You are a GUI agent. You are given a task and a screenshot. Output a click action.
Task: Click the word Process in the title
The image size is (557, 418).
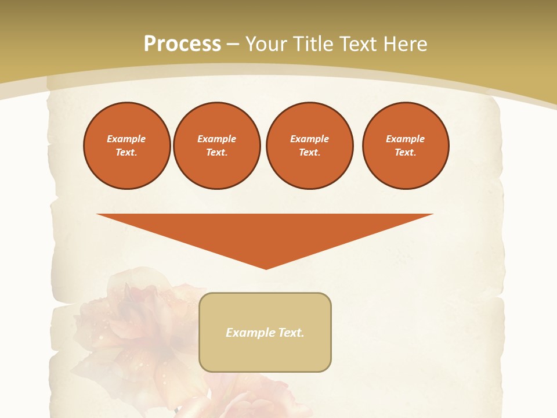click(x=182, y=44)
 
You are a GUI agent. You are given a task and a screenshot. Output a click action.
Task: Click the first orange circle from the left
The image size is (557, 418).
click(x=127, y=146)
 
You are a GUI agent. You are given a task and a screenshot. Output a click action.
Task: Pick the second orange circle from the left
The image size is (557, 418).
click(x=217, y=146)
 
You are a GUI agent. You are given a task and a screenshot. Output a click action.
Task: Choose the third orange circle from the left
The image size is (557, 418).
click(x=310, y=146)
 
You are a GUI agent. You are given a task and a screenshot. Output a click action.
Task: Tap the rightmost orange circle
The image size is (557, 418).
click(x=406, y=146)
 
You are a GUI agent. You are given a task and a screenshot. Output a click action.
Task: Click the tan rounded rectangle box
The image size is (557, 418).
click(x=265, y=354)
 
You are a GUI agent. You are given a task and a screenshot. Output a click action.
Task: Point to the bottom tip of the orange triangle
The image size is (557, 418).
click(x=266, y=268)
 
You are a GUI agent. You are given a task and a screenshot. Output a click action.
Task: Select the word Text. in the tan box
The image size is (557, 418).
click(x=290, y=333)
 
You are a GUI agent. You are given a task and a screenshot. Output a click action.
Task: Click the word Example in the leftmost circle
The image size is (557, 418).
click(x=126, y=139)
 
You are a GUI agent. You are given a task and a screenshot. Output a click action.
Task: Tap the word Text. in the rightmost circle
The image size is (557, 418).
click(x=406, y=153)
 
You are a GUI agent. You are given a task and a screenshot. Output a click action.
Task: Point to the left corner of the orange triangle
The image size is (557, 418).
click(x=98, y=215)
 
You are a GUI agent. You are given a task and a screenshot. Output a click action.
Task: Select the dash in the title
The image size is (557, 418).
click(x=233, y=44)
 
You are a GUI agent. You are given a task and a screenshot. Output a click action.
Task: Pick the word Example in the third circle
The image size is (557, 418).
click(x=310, y=139)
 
